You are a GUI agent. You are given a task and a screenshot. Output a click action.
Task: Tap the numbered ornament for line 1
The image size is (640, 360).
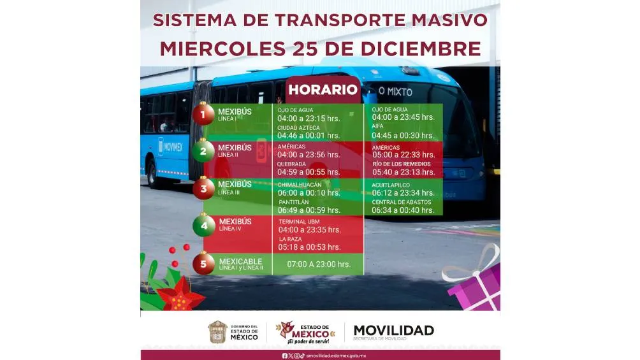pyautogui.click(x=204, y=115)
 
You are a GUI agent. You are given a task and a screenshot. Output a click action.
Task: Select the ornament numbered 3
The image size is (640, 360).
pyautogui.click(x=204, y=189)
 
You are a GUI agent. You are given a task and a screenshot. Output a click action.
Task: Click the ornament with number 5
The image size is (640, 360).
pyautogui.click(x=204, y=263)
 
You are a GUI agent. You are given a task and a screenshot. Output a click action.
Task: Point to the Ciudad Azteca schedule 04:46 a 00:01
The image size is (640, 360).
pyautogui.click(x=309, y=135)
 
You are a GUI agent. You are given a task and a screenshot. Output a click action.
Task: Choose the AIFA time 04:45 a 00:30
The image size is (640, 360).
pyautogui.click(x=403, y=135)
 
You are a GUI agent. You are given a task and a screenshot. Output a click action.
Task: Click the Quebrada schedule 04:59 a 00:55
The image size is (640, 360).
pyautogui.click(x=309, y=172)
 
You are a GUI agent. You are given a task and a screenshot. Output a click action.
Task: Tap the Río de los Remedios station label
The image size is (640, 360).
pyautogui.click(x=401, y=164)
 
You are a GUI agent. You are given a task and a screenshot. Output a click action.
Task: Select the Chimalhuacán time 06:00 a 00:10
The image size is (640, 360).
pyautogui.click(x=309, y=192)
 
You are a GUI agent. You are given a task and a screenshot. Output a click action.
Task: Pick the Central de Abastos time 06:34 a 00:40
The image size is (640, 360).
pyautogui.click(x=403, y=210)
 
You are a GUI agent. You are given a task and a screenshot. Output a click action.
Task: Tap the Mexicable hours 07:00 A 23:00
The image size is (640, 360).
pyautogui.click(x=319, y=264)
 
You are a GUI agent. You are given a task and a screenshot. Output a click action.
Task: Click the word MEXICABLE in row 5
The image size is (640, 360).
pyautogui.click(x=241, y=261)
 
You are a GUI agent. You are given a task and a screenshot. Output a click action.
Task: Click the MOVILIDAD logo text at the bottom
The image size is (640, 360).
pyautogui.click(x=393, y=330)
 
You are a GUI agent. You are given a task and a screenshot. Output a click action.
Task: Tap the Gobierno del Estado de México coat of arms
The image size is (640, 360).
pyautogui.click(x=217, y=332)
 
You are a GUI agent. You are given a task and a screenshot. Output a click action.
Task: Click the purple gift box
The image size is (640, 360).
pyautogui.click(x=474, y=287)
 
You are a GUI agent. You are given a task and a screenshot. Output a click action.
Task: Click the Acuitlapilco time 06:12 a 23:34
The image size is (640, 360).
pyautogui.click(x=403, y=192)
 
